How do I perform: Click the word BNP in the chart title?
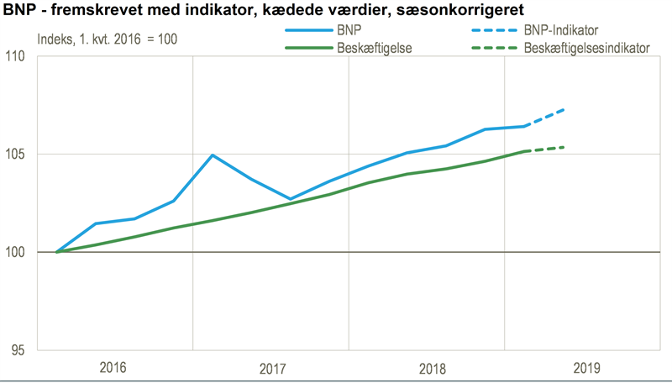(18, 11)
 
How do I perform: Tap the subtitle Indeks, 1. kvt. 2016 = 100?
(107, 39)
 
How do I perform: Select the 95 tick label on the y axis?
(19, 350)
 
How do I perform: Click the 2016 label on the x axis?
(113, 368)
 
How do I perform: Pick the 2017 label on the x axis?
(272, 368)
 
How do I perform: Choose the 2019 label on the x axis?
(585, 368)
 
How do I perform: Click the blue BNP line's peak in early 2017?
(213, 155)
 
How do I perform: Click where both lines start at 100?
(57, 252)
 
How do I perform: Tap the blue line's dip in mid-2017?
(291, 199)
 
